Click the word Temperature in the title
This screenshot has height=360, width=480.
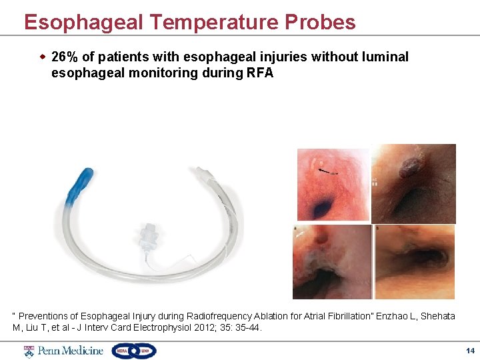[213, 22]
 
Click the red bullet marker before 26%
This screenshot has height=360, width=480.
[43, 57]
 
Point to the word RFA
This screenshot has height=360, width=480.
[260, 73]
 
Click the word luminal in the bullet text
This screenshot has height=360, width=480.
[383, 57]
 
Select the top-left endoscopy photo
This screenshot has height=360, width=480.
[333, 185]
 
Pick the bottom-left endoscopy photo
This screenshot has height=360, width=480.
[332, 261]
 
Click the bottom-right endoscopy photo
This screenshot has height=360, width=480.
[414, 261]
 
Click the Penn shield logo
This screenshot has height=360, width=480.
[29, 351]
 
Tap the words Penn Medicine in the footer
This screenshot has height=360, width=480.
[71, 351]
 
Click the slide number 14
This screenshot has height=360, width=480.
[470, 351]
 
